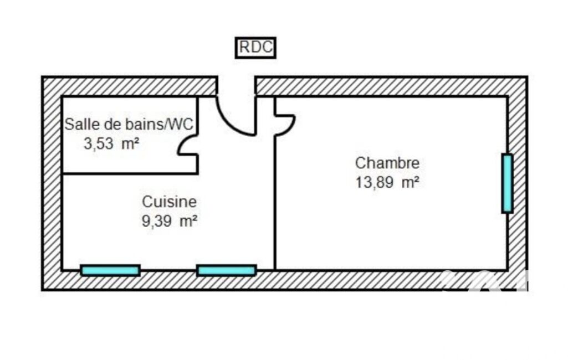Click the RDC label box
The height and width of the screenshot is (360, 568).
point(256,48)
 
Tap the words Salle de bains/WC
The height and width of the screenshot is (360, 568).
point(129,125)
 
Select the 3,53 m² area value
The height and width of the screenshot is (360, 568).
point(111,144)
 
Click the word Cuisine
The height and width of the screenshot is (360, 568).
point(169,202)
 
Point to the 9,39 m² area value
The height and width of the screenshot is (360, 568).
point(170,221)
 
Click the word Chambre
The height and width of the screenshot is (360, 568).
point(387,163)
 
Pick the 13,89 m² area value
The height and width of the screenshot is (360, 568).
point(387,182)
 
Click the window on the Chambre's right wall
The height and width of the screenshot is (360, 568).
point(507,183)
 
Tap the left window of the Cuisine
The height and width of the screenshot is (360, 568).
point(110,270)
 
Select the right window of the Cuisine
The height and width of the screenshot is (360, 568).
point(227,270)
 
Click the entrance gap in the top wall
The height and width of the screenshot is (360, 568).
point(236,86)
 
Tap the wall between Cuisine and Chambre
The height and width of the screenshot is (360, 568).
point(275,210)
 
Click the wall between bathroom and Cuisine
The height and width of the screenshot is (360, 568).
point(130,174)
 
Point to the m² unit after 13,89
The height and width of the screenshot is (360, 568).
point(410,182)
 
